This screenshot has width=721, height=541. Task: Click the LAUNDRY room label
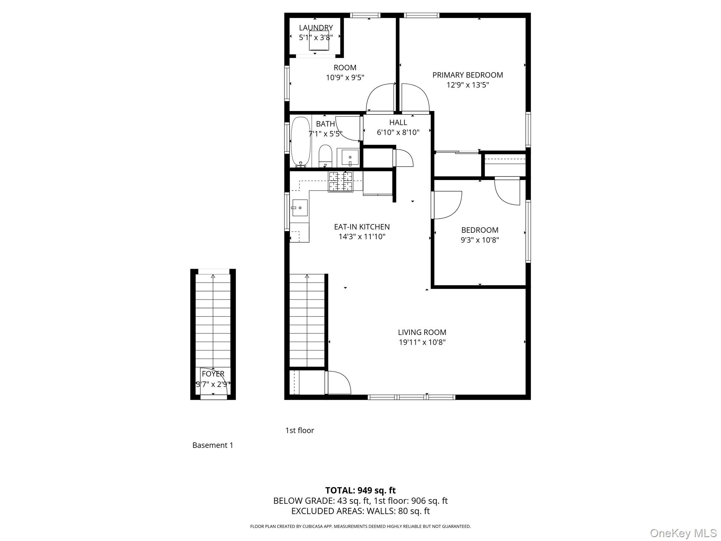point(316,28)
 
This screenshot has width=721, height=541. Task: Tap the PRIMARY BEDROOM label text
point(468,75)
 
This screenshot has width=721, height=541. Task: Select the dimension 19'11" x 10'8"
point(422,342)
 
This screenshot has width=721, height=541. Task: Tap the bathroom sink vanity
point(348,157)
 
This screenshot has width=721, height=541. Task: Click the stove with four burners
point(340,181)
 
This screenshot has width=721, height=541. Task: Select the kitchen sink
point(300,208)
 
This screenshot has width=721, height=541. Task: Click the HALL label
point(398,123)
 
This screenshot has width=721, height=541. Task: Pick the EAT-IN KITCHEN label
point(362,227)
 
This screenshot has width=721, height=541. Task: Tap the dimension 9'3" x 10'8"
point(480,240)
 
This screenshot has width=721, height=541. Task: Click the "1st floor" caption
point(300,430)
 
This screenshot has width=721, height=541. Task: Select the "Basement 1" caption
point(213,445)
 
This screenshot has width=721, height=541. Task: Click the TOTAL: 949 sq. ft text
point(360,490)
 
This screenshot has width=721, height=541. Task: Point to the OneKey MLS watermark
point(683,533)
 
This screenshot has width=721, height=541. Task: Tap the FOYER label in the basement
point(213,374)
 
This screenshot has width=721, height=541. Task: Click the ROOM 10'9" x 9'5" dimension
point(345,77)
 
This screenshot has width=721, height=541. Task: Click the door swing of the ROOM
point(380,98)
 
